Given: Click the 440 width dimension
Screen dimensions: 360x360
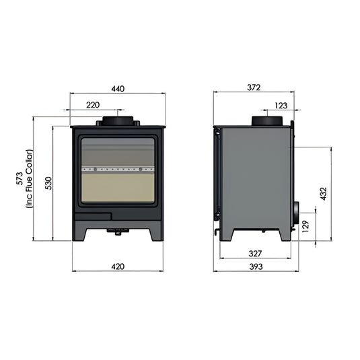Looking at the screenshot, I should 118,89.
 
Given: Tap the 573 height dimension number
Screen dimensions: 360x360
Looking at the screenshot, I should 20,179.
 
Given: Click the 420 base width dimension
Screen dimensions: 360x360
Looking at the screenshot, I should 118,266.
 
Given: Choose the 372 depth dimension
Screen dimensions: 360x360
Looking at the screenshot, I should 254,88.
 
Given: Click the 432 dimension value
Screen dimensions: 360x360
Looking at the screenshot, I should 324,194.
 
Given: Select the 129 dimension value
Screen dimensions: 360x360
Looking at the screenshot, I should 305,225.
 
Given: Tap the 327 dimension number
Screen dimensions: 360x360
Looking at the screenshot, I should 254,254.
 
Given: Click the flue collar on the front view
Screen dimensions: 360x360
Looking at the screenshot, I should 118,121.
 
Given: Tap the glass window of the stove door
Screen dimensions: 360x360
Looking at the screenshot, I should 118,172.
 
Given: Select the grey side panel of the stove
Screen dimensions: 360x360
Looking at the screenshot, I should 254,175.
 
